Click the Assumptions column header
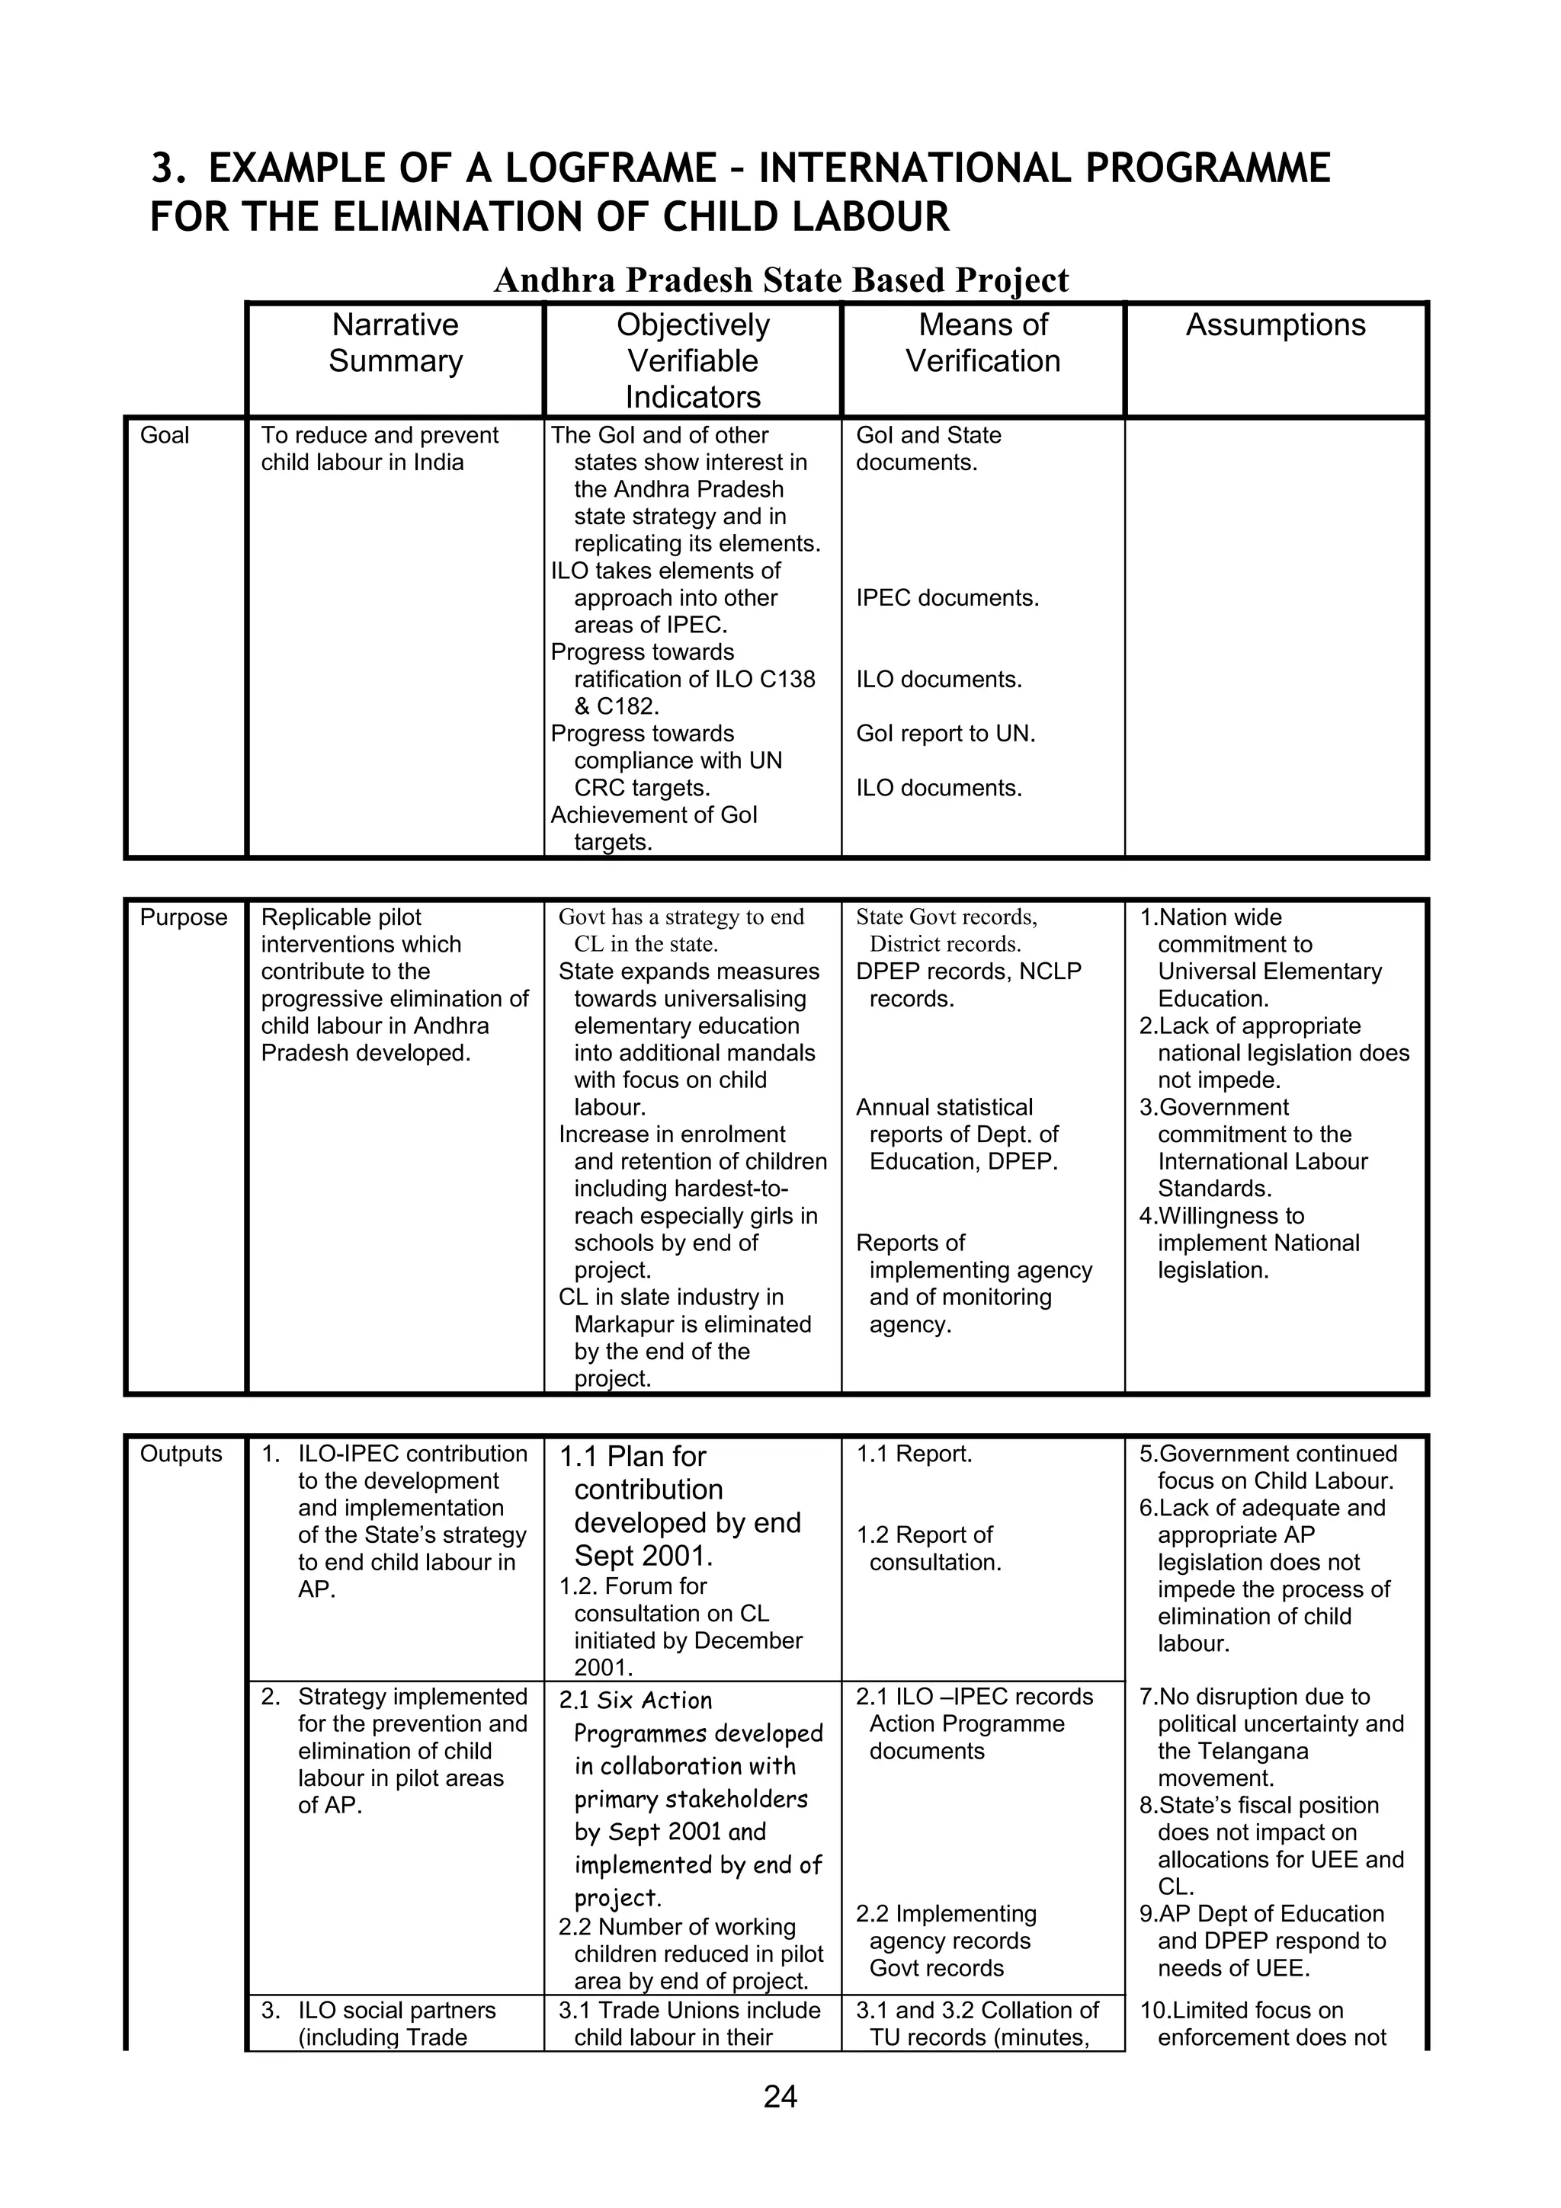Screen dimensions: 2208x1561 [1274, 325]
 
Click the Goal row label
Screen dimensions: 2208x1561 [165, 436]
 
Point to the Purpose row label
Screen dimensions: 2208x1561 [184, 917]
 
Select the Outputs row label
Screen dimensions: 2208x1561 [181, 1454]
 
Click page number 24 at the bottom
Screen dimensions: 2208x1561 [780, 2097]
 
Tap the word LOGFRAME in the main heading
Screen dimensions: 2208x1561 [611, 168]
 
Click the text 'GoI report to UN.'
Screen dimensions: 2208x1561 [945, 734]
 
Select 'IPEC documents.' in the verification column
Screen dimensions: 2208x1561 [947, 598]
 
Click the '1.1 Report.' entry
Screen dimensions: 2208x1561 [914, 1454]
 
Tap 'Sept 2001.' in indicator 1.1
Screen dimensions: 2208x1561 [643, 1556]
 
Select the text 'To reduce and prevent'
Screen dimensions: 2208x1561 [379, 436]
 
